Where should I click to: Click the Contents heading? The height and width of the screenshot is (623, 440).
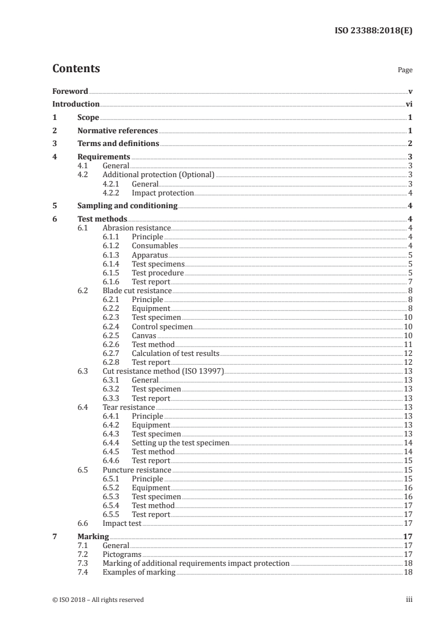tap(76, 69)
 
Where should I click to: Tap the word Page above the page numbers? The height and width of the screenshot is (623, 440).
tap(404, 71)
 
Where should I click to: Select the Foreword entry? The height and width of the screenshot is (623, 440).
tap(70, 91)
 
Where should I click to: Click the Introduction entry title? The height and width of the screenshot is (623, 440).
tap(76, 104)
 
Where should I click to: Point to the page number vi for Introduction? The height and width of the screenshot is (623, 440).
tap(408, 104)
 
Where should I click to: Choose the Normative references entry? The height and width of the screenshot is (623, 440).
tap(118, 131)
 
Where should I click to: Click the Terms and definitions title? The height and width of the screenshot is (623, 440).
tap(118, 144)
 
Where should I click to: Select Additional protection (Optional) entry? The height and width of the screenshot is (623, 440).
tap(159, 174)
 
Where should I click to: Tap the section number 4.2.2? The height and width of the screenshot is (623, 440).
tap(113, 193)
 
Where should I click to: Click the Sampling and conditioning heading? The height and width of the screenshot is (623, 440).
tap(128, 206)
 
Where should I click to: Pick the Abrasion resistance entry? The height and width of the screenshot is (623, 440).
tap(136, 228)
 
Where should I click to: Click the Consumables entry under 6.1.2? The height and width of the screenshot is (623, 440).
tap(155, 245)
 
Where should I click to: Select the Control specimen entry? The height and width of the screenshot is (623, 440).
tap(162, 326)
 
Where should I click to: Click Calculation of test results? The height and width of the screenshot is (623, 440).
tap(175, 353)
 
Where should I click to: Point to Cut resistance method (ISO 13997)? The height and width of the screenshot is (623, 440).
tap(163, 371)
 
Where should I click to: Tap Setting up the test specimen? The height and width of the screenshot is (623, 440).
tap(180, 443)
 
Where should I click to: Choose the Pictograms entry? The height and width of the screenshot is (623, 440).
tap(122, 554)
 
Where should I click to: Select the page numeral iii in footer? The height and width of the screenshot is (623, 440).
tap(409, 600)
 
